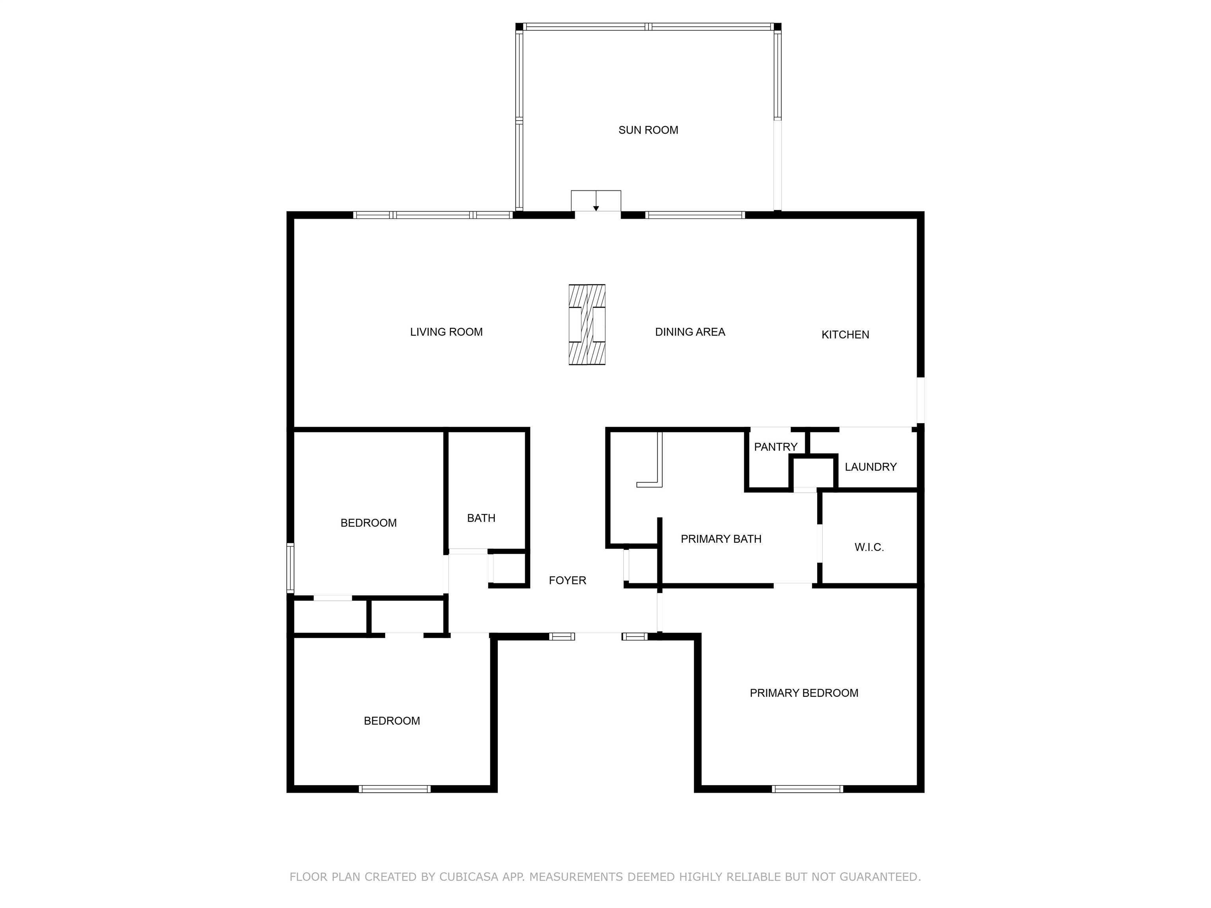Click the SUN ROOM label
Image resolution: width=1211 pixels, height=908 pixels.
648,130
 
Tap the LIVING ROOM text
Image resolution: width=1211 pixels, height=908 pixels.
446,332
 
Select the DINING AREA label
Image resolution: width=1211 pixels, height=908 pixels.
690,332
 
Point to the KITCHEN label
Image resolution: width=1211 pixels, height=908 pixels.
845,335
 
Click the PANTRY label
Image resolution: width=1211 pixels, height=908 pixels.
776,447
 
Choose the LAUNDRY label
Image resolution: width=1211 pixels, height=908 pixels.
870,467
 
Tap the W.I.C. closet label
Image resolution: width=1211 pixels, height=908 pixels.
869,547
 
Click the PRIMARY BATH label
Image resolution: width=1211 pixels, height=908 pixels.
721,539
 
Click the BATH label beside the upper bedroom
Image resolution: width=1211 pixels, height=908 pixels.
481,518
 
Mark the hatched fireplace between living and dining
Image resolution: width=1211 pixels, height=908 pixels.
587,325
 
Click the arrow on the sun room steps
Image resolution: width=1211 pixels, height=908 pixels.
596,201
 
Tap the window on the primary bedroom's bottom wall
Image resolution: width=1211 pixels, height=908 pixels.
807,789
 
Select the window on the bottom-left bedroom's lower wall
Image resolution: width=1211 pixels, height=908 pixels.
395,789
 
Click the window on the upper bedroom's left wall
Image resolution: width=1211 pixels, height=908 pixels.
291,568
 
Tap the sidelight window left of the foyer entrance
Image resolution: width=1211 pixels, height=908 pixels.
562,636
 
